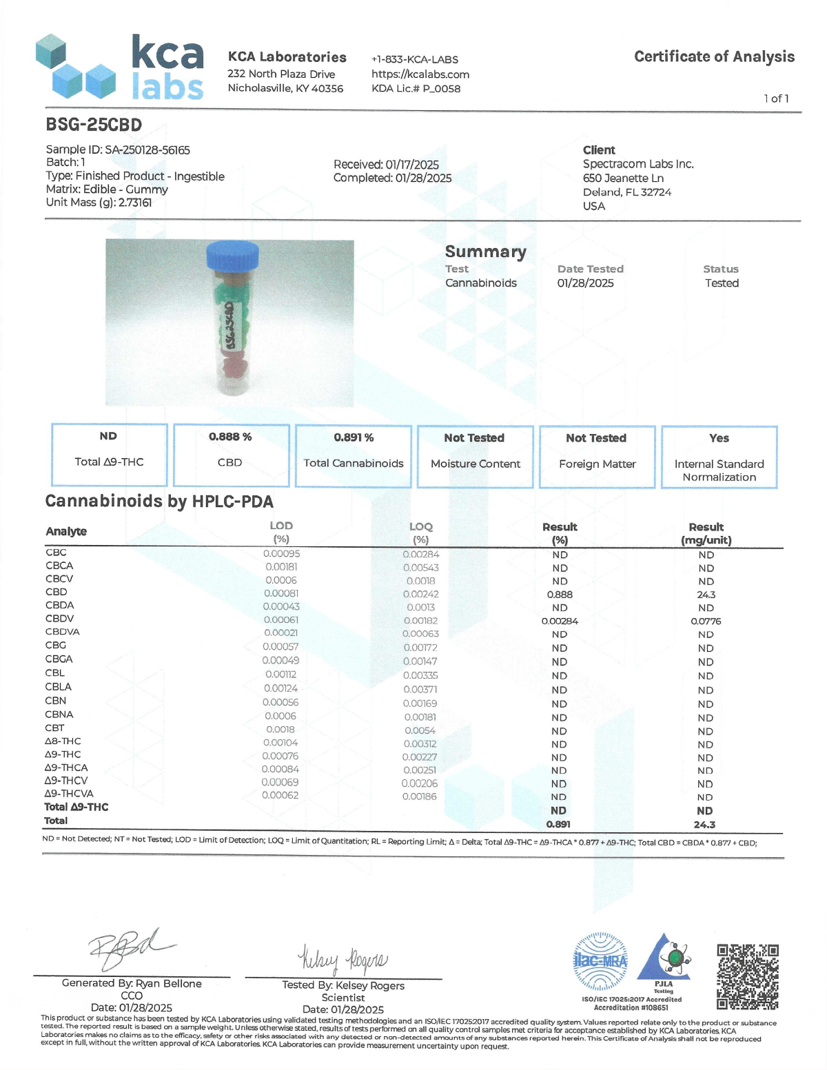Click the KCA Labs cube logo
(x=76, y=66)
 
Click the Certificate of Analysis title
(x=714, y=56)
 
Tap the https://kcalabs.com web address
(x=420, y=74)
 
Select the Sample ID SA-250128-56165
(x=118, y=150)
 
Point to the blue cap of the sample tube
(x=233, y=256)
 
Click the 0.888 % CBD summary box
(x=230, y=455)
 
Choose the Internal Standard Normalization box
(x=719, y=457)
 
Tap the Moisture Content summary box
(x=475, y=457)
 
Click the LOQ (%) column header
(x=420, y=533)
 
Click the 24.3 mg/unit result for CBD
(x=706, y=595)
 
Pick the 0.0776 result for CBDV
(x=706, y=621)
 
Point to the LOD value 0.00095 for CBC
(x=281, y=553)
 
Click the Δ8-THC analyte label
(x=63, y=741)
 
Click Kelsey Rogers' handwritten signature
(x=343, y=958)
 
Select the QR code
(x=747, y=976)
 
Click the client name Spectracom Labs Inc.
(x=638, y=164)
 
